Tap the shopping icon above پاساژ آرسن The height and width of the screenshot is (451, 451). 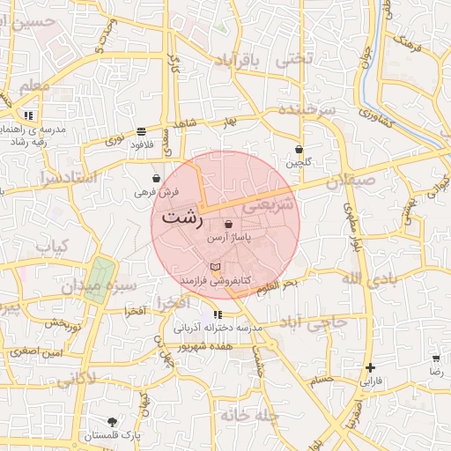click(229, 225)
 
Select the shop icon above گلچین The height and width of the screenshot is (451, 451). click(299, 149)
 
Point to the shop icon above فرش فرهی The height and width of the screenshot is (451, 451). click(156, 178)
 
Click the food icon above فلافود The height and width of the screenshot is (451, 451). click(141, 131)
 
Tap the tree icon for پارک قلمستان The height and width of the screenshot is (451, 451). click(112, 422)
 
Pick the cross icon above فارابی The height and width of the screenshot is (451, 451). click(370, 367)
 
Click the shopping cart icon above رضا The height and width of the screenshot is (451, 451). click(436, 359)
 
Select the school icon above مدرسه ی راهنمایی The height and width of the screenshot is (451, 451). click(29, 115)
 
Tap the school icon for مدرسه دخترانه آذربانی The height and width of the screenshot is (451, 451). click(218, 314)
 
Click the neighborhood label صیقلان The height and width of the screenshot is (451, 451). click(351, 182)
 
